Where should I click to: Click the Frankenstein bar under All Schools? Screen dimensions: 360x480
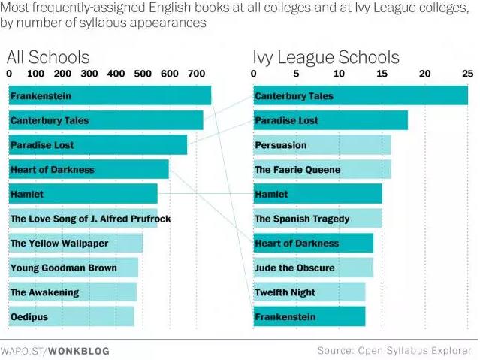pos(109,95)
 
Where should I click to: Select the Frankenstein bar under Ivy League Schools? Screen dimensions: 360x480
pos(309,317)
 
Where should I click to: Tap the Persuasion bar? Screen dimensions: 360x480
pos(322,145)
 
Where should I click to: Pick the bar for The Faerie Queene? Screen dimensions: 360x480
pos(322,170)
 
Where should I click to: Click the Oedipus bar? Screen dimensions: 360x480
pos(71,317)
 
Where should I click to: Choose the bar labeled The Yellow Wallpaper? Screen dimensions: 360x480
pos(75,244)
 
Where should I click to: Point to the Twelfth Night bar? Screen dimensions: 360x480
pos(309,292)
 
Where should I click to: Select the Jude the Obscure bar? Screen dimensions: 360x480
pos(312,268)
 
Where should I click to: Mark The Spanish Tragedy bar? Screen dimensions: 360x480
pos(317,219)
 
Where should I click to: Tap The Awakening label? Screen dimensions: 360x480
pos(44,292)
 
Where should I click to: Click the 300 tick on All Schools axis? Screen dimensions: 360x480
pos(89,74)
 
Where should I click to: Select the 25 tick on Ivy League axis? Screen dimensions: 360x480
pos(467,74)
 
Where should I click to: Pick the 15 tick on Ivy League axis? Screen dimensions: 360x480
pos(382,74)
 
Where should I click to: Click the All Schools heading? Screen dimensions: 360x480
pos(48,57)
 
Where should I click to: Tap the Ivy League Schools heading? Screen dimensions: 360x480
pos(325,57)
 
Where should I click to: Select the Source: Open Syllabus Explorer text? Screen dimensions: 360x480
pos(394,350)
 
